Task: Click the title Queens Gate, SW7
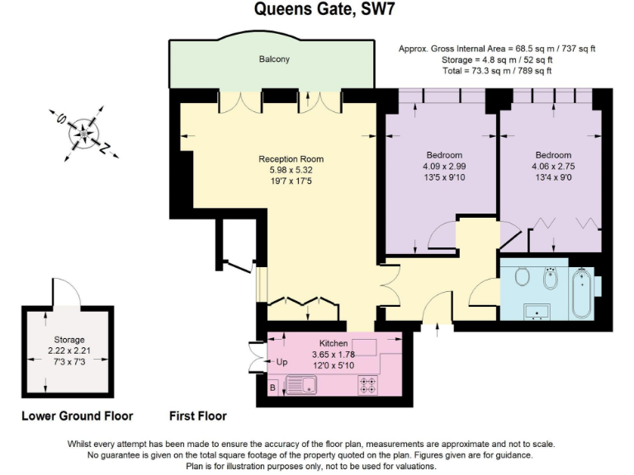click(x=316, y=11)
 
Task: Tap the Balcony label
click(x=274, y=60)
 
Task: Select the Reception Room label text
click(x=291, y=159)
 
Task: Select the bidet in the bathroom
click(x=551, y=280)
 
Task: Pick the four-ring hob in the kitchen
click(x=368, y=384)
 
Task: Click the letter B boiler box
click(x=272, y=386)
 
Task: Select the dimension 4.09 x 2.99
click(x=444, y=166)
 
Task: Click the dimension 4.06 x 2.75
click(x=552, y=166)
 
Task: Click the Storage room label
click(x=70, y=339)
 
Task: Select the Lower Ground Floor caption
click(x=77, y=416)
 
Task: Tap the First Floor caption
click(x=197, y=416)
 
